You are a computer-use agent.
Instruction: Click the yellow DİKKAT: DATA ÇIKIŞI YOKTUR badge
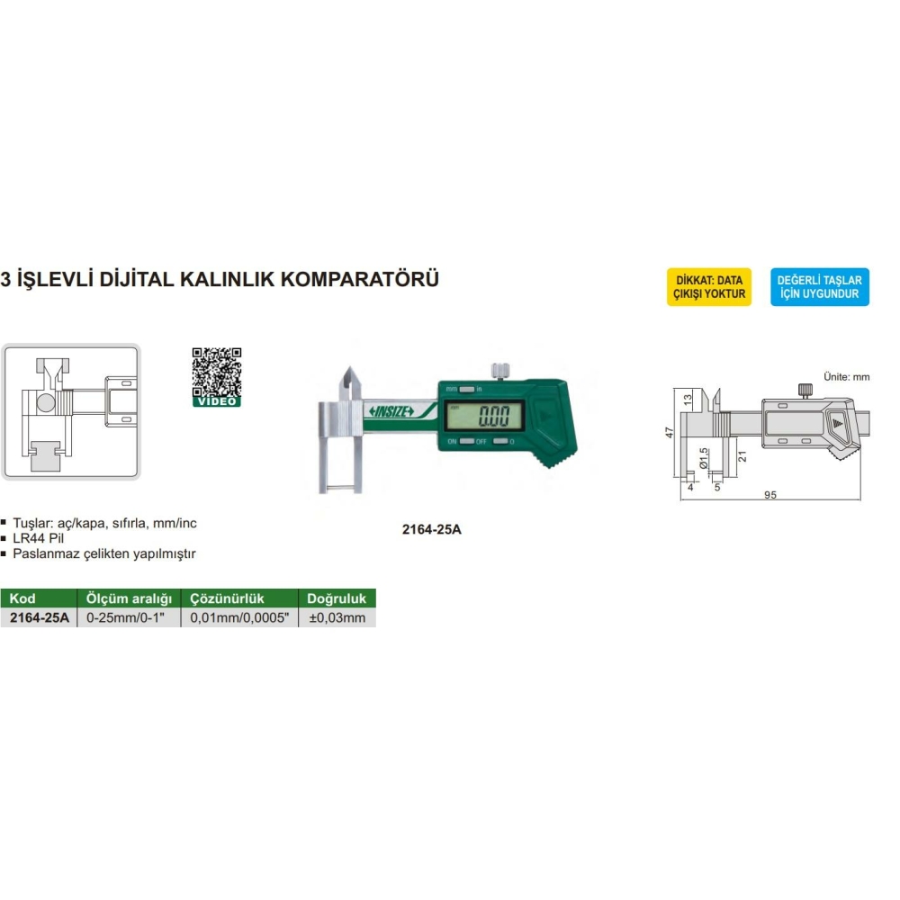click(709, 287)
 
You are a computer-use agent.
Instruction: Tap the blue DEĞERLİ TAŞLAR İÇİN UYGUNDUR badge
click(820, 287)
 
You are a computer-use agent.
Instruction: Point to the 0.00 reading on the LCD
click(493, 416)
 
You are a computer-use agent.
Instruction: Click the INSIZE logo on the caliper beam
click(391, 411)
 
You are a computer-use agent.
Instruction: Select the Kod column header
click(22, 598)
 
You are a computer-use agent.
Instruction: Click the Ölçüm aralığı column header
click(129, 598)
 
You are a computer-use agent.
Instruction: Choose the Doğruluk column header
click(337, 598)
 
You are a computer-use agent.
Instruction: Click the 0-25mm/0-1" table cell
click(125, 617)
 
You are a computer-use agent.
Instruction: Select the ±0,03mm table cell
click(337, 617)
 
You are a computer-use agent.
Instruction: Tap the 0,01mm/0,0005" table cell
click(239, 617)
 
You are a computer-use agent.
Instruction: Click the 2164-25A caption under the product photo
click(432, 529)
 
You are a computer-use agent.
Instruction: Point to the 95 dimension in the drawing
click(770, 495)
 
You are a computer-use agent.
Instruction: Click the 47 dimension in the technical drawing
click(670, 432)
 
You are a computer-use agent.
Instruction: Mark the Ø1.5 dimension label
click(705, 459)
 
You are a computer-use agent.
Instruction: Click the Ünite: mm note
click(847, 377)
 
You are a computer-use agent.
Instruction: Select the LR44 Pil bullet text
click(39, 538)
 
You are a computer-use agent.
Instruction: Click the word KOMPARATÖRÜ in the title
click(360, 279)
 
